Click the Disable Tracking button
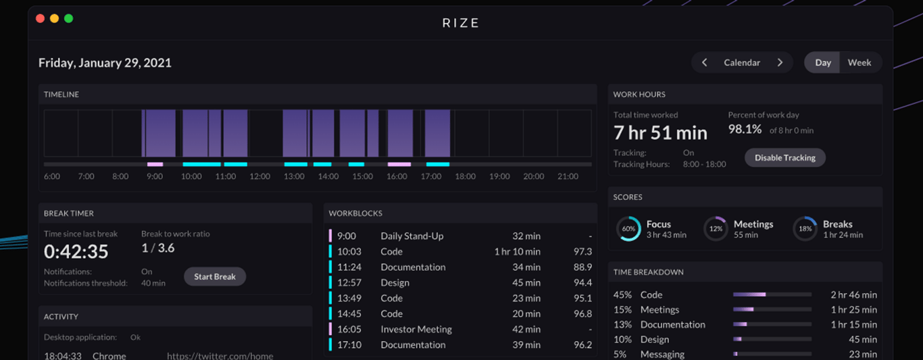tap(784, 157)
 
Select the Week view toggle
tap(859, 62)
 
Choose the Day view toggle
tap(822, 62)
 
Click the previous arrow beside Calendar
tap(704, 62)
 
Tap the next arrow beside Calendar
tap(780, 62)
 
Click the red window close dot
tap(40, 18)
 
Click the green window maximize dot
tap(68, 18)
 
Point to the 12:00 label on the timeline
tap(259, 176)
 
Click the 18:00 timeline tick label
tap(465, 176)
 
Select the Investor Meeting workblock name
tap(416, 329)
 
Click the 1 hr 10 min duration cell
tap(517, 251)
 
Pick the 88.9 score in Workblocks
tap(582, 267)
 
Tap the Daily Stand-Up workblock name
tap(411, 236)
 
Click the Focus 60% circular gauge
tap(628, 229)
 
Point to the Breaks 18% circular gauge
tap(805, 229)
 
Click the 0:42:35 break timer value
tap(76, 251)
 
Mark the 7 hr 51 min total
tap(660, 132)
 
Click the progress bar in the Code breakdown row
tap(772, 294)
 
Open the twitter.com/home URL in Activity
tap(220, 355)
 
